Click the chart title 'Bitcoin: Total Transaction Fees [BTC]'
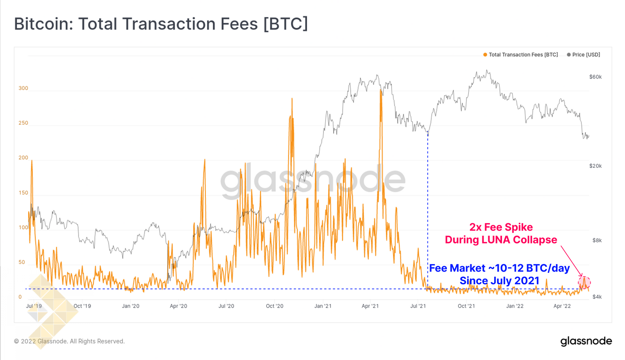click(x=161, y=24)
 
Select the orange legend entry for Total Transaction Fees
click(x=521, y=55)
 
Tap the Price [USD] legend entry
click(x=584, y=55)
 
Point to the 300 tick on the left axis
click(x=23, y=88)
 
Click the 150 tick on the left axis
click(x=23, y=193)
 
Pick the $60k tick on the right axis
click(x=595, y=77)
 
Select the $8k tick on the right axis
click(x=597, y=240)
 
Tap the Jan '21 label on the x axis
click(x=323, y=306)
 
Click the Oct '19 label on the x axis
click(x=82, y=306)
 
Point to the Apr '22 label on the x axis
click(x=562, y=306)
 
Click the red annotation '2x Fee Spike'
click(x=501, y=227)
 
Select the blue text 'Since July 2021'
click(x=499, y=281)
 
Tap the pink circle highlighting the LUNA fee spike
click(x=584, y=282)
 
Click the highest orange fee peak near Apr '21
click(x=380, y=91)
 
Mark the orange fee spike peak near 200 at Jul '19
click(x=32, y=161)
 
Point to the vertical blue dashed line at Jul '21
click(x=428, y=211)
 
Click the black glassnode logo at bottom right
click(x=586, y=341)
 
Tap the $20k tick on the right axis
click(x=595, y=166)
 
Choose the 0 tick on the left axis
click(x=20, y=297)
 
